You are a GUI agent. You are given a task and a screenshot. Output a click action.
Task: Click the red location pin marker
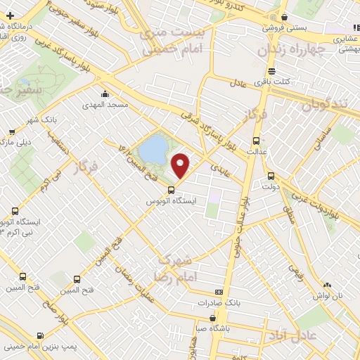tap(181, 165)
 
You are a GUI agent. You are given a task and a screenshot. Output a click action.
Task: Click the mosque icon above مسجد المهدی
tap(105, 94)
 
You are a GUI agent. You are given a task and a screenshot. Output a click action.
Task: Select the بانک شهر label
tap(42, 119)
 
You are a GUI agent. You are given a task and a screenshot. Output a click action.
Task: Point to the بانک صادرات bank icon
tap(219, 292)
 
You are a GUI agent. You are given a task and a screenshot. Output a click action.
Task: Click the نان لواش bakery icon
tap(326, 285)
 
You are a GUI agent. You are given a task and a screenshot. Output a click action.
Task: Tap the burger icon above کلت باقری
tap(272, 71)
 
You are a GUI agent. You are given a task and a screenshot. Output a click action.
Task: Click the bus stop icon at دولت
tap(271, 176)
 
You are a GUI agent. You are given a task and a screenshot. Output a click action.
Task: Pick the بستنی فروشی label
tap(280, 29)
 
